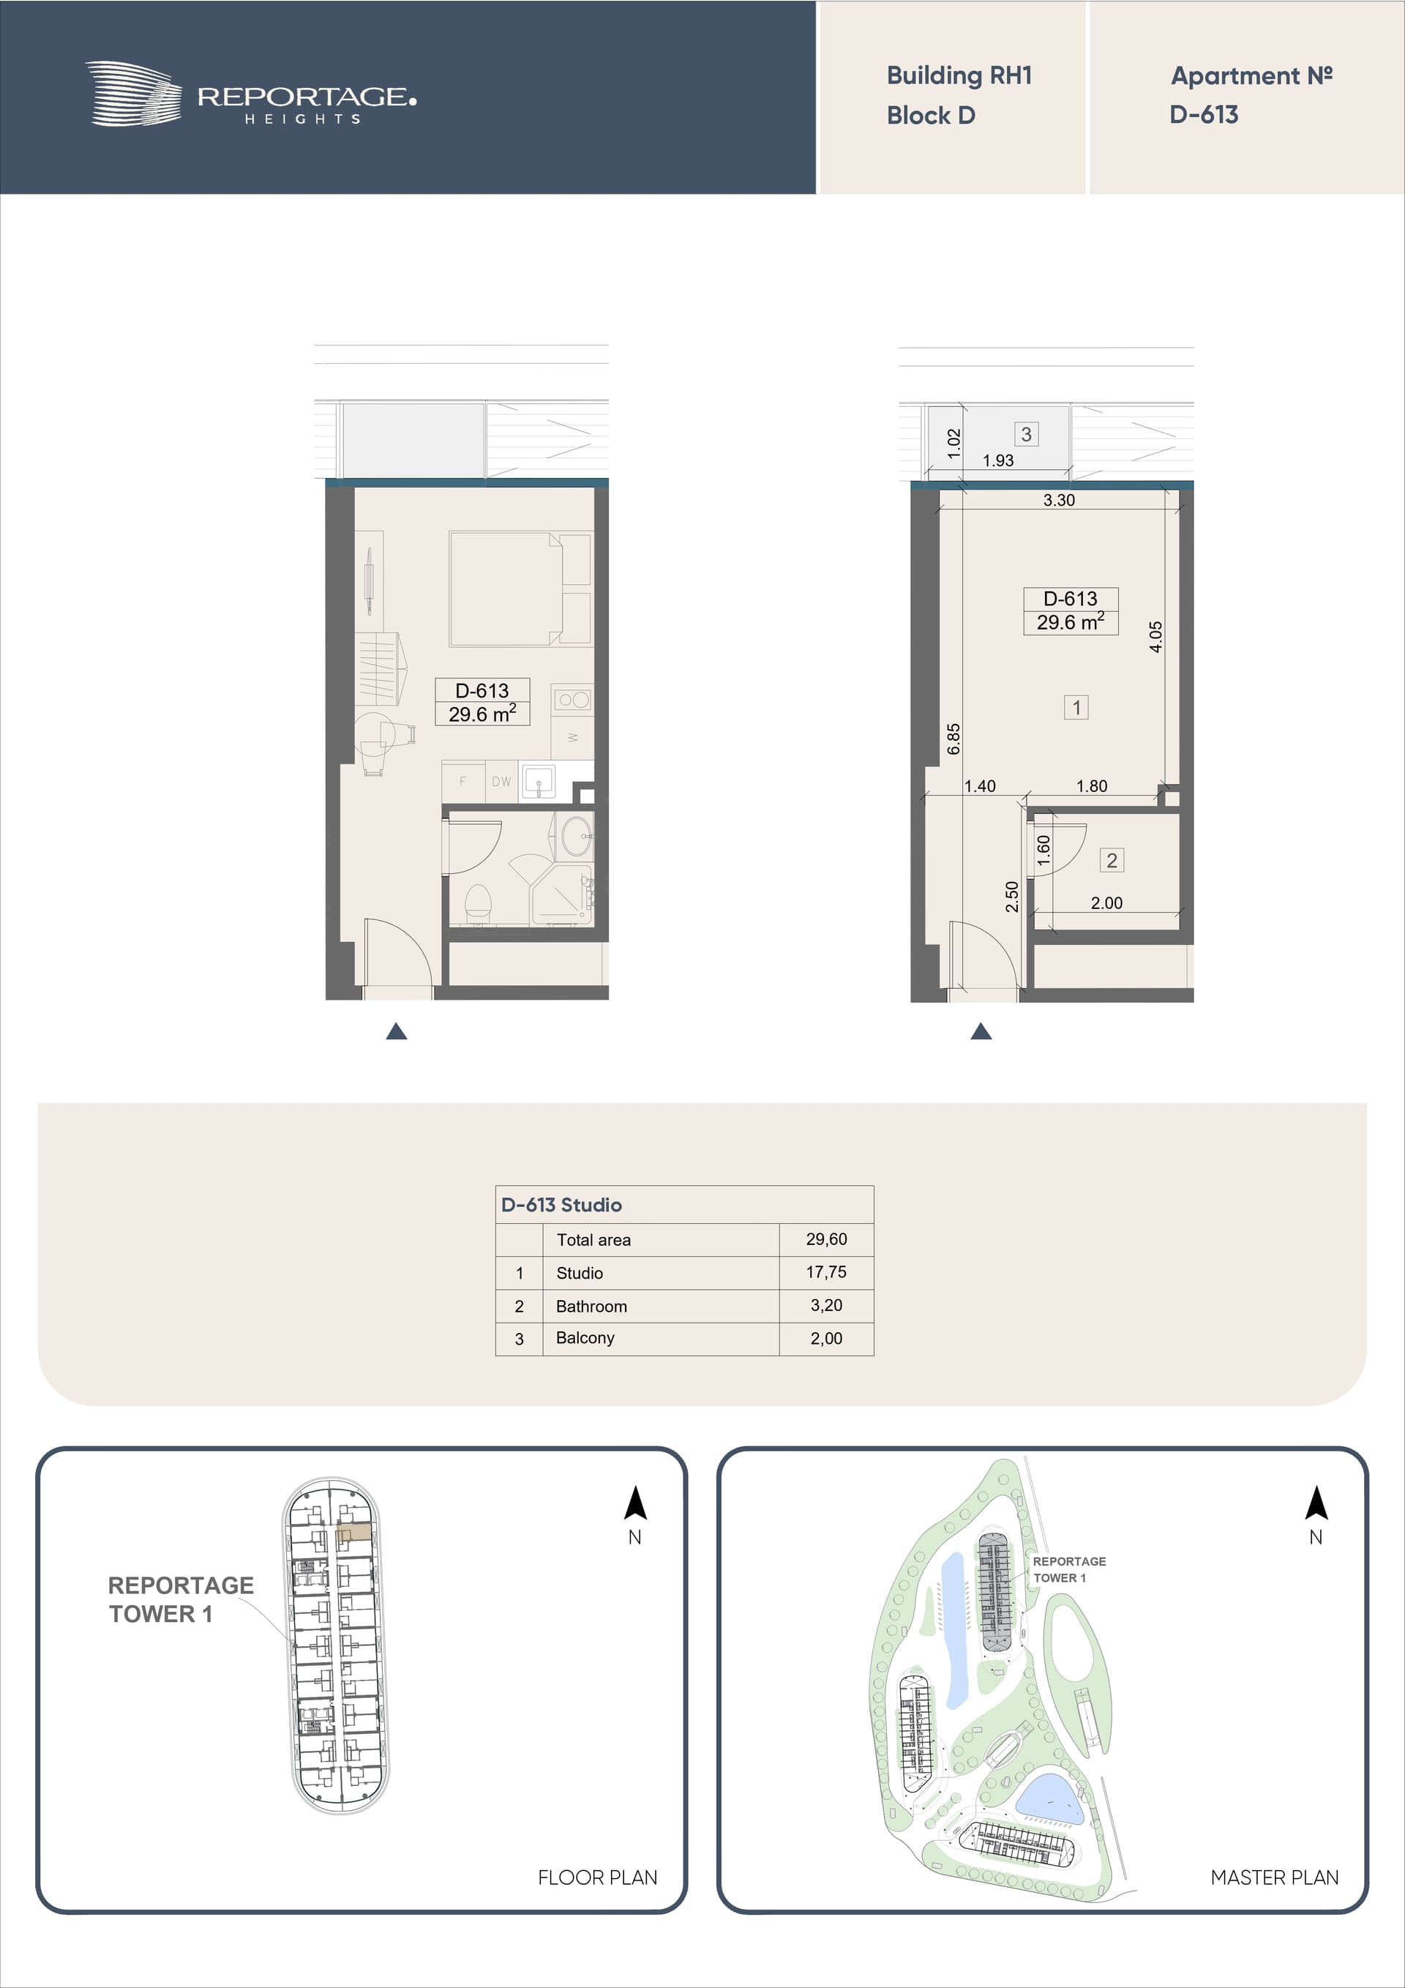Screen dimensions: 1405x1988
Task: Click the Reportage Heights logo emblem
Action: tap(133, 94)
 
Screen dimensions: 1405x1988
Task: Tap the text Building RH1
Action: tap(959, 76)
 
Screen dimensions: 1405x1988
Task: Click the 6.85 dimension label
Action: tap(953, 739)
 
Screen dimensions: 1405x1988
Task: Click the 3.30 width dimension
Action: tap(1059, 501)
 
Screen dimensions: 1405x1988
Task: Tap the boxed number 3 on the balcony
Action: tap(1026, 434)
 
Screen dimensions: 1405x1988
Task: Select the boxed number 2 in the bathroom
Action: tap(1112, 860)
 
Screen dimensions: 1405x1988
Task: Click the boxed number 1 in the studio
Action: tap(1076, 707)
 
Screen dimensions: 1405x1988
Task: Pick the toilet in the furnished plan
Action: tap(478, 900)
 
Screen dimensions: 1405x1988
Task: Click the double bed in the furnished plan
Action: tap(520, 588)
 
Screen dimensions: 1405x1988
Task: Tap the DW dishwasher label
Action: tap(501, 781)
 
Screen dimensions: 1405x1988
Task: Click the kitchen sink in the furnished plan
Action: tap(539, 782)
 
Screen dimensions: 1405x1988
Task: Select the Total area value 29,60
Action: tap(826, 1239)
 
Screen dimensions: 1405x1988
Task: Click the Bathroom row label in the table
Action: tap(591, 1306)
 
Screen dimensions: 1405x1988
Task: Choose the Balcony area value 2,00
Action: tap(826, 1339)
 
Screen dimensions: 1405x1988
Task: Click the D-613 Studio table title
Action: tap(561, 1204)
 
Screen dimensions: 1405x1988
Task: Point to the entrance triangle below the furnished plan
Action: tap(397, 1031)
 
